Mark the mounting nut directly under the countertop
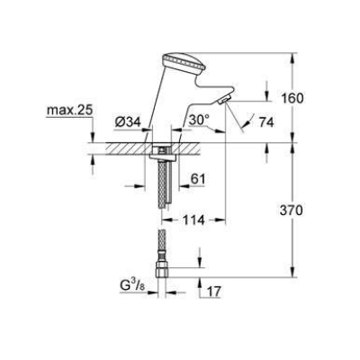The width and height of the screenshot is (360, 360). [161, 157]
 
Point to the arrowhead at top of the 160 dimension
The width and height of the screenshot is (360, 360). [295, 57]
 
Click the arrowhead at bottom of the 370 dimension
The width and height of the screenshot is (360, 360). [295, 273]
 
